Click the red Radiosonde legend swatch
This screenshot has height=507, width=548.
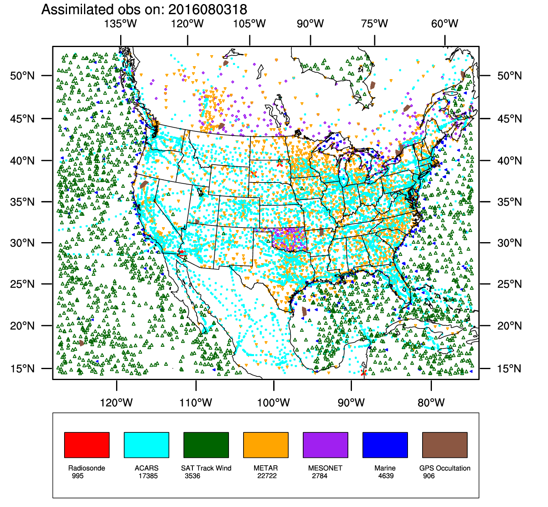click(x=87, y=445)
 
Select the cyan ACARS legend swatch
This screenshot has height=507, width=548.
click(x=147, y=445)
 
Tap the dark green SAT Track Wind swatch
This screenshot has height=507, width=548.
click(x=206, y=445)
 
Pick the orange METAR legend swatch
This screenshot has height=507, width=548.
click(x=266, y=445)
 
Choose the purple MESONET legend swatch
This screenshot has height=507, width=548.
click(x=326, y=445)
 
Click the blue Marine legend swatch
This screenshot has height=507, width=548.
click(x=385, y=445)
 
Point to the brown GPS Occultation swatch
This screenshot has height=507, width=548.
click(x=445, y=445)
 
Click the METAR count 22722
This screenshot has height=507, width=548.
click(x=267, y=476)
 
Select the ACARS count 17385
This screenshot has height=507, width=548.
click(x=148, y=476)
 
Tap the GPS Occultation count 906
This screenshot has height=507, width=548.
click(x=429, y=476)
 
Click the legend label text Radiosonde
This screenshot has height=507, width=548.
click(x=86, y=468)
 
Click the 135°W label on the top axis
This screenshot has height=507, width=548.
click(x=121, y=24)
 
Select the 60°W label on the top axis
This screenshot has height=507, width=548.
click(x=444, y=24)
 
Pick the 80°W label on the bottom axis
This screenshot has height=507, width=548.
click(x=431, y=403)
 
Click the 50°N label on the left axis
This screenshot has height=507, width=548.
click(x=22, y=76)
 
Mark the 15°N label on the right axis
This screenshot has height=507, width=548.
click(x=509, y=369)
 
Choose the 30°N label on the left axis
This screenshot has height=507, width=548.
click(x=22, y=243)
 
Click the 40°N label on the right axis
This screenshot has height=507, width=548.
click(x=509, y=161)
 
